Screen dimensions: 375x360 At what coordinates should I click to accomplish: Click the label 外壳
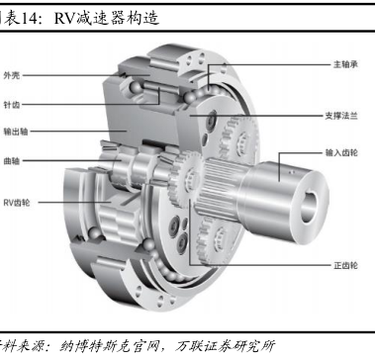point(12,75)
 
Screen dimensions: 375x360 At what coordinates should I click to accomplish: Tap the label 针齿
point(12,105)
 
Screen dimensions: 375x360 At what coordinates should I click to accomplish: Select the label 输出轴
point(16,132)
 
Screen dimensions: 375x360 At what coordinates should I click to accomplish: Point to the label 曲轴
point(12,161)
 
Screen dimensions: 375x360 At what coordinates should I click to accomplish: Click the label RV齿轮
point(17,203)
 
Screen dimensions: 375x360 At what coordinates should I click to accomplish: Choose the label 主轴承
point(345,64)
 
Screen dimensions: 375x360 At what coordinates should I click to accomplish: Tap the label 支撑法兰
point(341,116)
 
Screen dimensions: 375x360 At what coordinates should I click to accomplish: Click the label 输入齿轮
point(341,152)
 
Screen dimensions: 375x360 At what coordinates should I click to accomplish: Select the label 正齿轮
point(345,265)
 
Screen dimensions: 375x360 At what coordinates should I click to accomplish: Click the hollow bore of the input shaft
point(309,207)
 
